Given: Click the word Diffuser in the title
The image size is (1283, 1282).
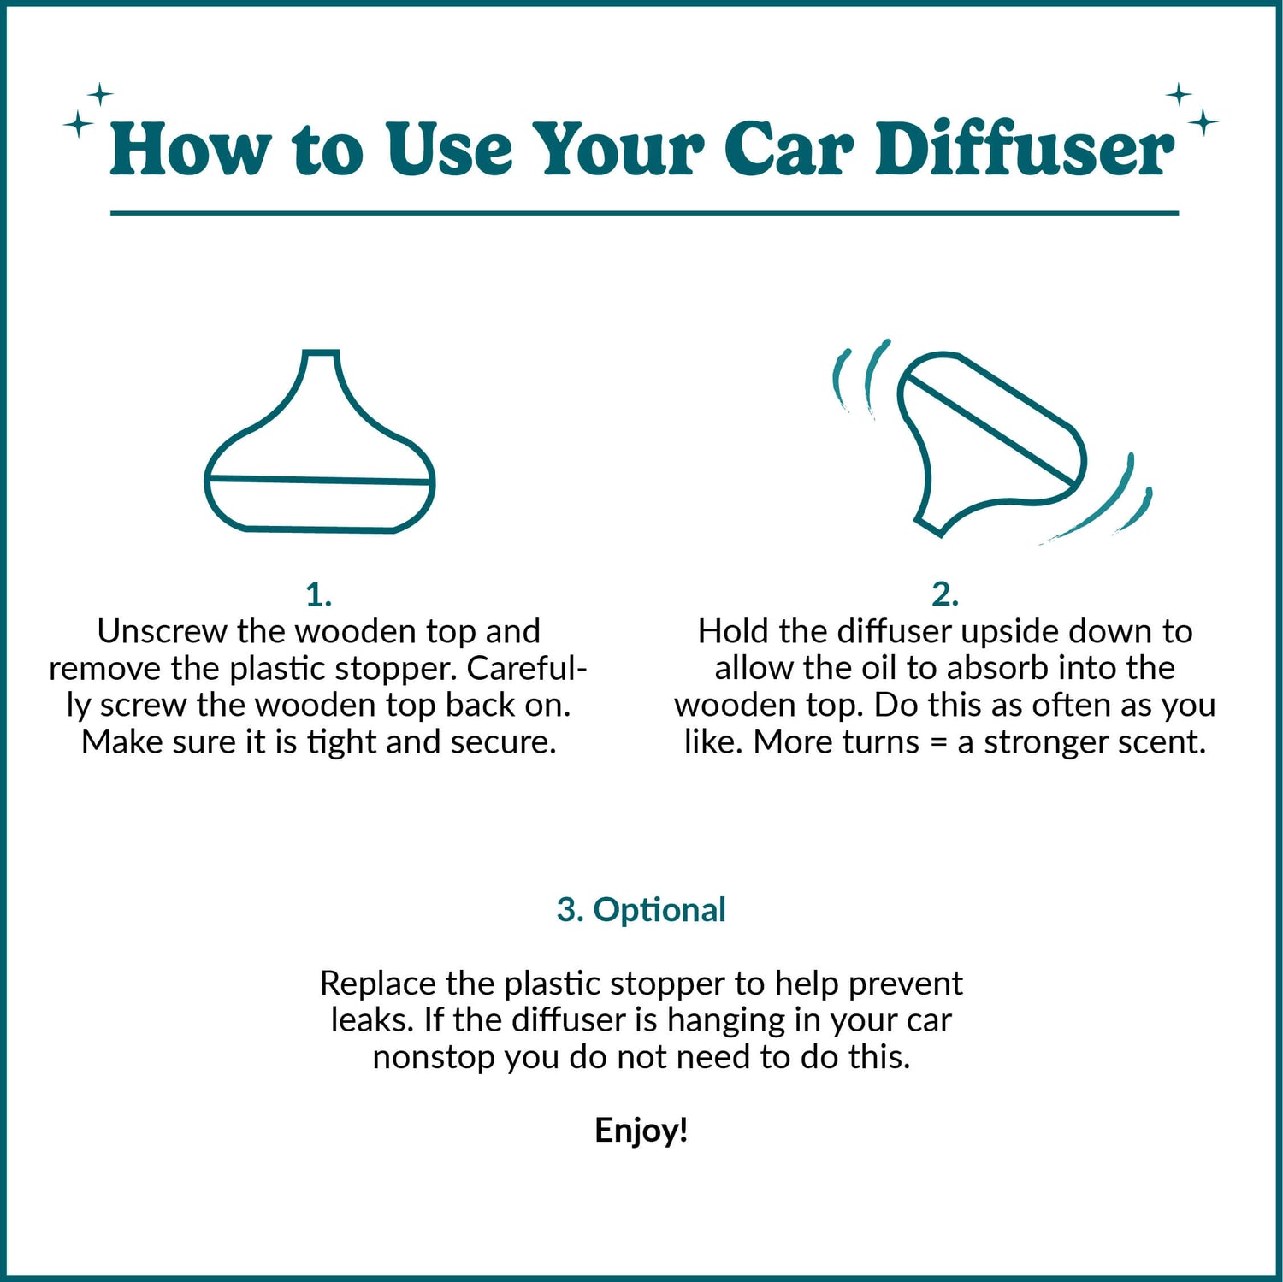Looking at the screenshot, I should tap(1024, 150).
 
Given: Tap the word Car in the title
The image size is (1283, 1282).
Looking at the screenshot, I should tap(788, 150).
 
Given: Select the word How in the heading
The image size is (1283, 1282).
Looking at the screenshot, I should tap(189, 150).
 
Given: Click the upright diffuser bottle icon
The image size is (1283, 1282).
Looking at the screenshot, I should tap(319, 445).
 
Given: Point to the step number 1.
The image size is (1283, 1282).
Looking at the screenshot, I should tap(318, 594).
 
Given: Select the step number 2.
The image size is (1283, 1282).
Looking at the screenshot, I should tap(944, 594).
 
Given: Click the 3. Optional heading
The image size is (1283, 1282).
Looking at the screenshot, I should tap(641, 910).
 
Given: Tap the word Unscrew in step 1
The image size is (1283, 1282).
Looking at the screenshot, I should tap(163, 631).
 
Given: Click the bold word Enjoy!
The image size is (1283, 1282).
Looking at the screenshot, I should tap(641, 1131).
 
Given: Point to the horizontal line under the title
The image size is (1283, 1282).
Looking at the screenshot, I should tap(644, 213).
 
